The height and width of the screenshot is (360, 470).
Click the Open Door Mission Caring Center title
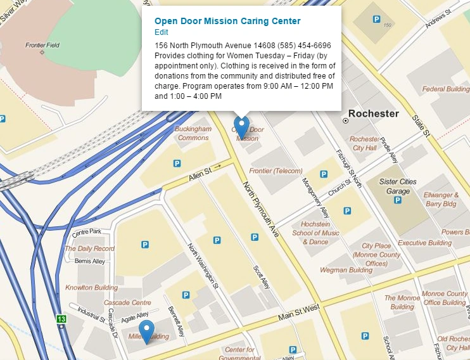(x=227, y=21)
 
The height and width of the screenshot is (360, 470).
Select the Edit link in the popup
(x=162, y=32)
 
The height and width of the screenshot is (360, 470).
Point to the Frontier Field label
(x=42, y=46)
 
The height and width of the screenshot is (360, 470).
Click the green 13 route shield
(x=60, y=319)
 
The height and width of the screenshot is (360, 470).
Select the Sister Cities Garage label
(x=398, y=186)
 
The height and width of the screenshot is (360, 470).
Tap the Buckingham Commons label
(x=193, y=133)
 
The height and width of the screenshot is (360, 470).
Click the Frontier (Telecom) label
(x=276, y=171)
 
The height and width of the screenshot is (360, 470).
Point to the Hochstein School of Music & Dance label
(x=315, y=233)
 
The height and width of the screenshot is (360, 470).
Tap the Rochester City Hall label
(x=365, y=143)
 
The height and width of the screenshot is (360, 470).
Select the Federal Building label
(x=446, y=89)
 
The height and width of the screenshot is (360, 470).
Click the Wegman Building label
(x=346, y=270)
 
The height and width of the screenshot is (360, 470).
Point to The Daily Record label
(x=89, y=248)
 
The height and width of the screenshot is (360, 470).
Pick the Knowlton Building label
(x=91, y=288)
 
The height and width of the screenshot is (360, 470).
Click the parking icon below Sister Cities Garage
(x=398, y=200)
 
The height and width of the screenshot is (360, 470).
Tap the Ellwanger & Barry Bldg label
(x=441, y=200)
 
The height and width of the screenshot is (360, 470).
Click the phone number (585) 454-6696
(x=305, y=45)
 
